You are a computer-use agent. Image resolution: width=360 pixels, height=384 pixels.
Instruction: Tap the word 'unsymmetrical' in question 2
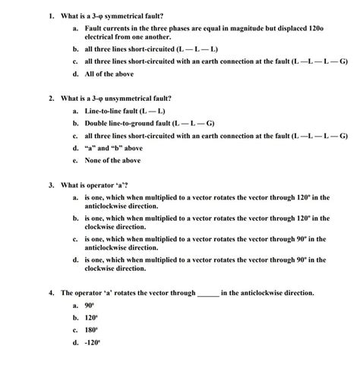point(124,99)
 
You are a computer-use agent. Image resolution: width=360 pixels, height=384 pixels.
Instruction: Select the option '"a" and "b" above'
point(113,148)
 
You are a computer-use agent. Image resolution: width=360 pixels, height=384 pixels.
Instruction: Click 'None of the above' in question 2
point(112,160)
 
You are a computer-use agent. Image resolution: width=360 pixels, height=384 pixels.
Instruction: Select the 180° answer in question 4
point(90,330)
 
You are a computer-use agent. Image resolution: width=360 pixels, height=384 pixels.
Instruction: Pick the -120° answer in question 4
point(92,342)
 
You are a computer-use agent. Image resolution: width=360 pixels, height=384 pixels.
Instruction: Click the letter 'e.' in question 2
point(75,160)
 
